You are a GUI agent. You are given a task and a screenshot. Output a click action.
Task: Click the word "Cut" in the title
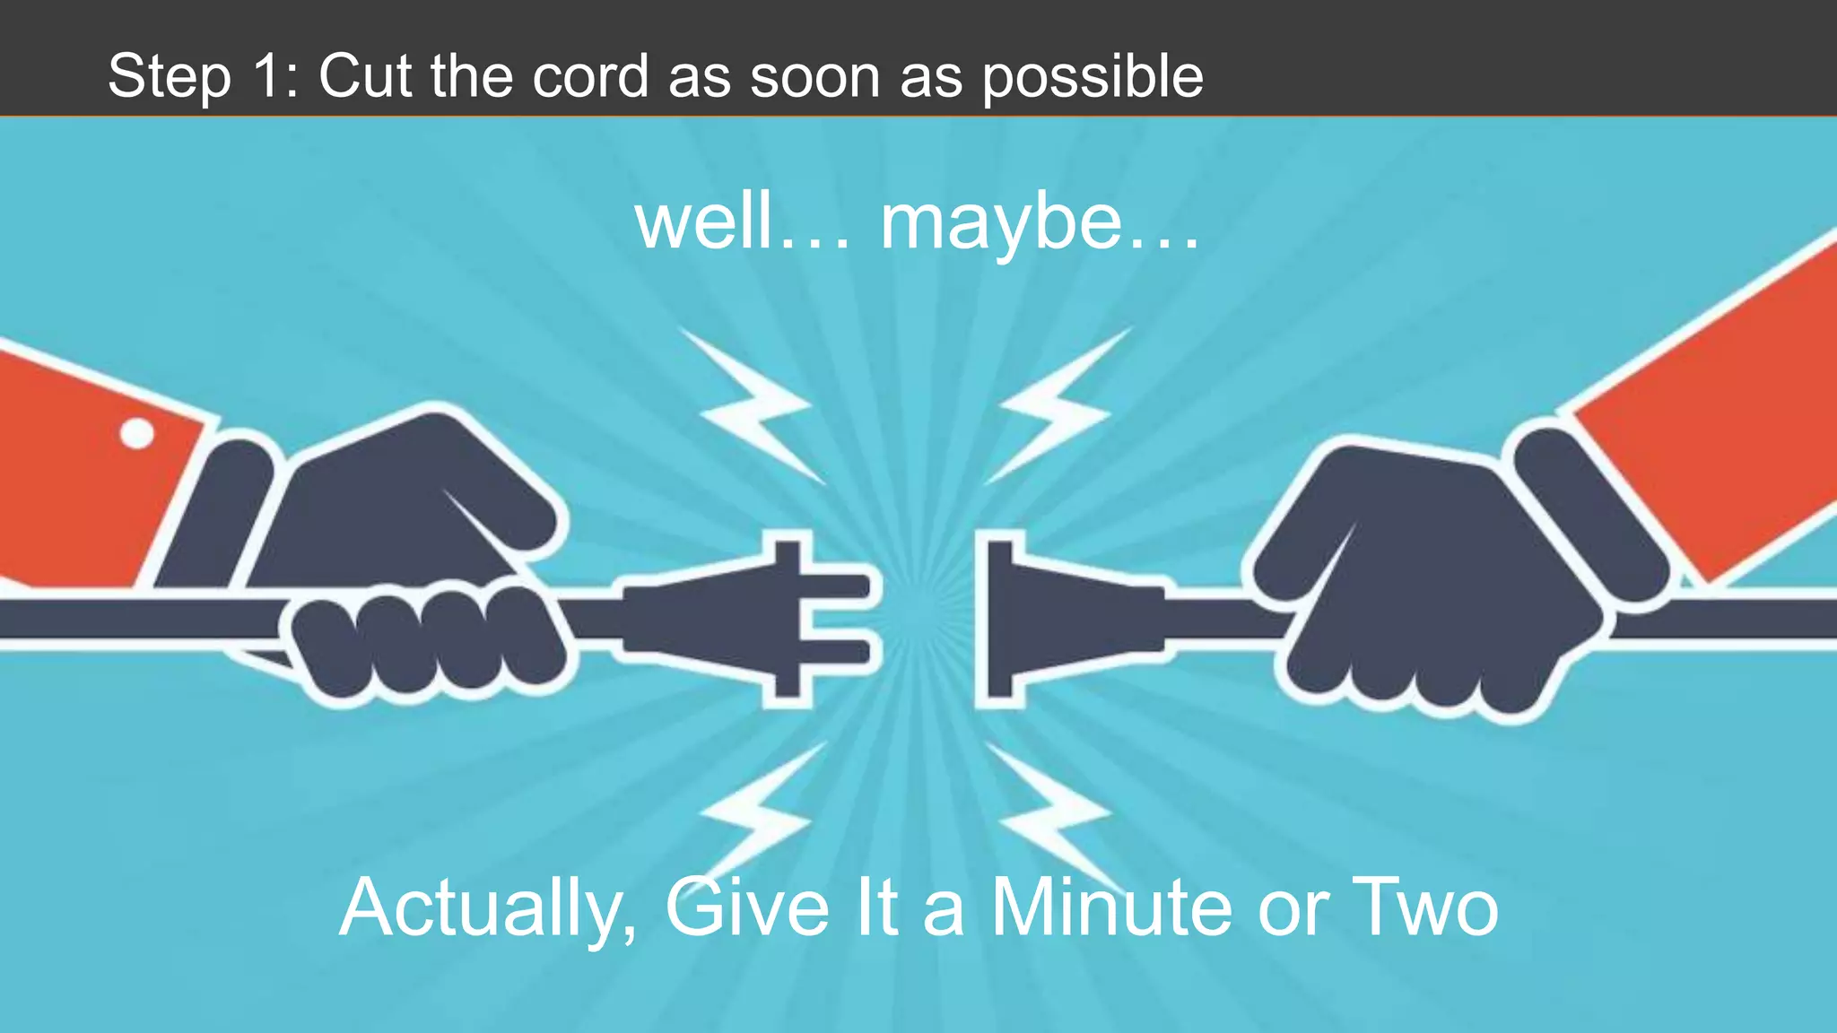click(x=367, y=76)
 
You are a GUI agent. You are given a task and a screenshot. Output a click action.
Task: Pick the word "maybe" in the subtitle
click(x=1000, y=224)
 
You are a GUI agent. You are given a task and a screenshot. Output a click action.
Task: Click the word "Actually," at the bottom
click(x=489, y=909)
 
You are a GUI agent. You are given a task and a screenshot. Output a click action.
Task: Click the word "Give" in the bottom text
click(x=746, y=907)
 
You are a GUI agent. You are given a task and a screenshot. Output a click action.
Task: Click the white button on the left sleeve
click(x=136, y=434)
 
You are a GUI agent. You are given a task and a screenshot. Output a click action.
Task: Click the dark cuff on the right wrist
click(x=1588, y=511)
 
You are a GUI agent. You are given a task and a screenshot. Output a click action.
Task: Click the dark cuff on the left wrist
click(x=220, y=511)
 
